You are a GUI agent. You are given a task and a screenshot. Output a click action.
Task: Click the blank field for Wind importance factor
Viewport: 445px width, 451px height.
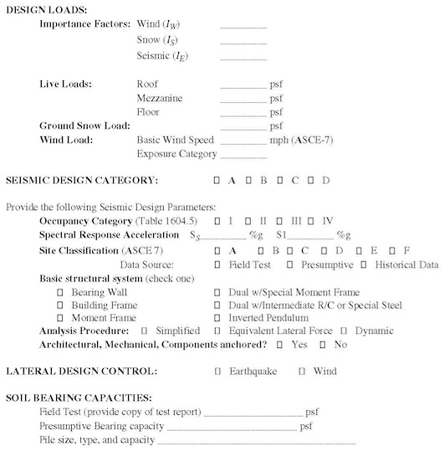(x=243, y=25)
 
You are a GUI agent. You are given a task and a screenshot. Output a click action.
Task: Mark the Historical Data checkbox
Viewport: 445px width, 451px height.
(x=364, y=264)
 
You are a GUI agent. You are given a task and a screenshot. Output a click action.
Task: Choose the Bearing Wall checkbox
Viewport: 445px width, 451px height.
(x=60, y=293)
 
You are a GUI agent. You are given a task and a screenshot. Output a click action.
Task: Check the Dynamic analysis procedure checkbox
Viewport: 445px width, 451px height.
(x=355, y=331)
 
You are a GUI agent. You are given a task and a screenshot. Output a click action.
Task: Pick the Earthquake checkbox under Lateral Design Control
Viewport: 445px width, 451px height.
(x=218, y=371)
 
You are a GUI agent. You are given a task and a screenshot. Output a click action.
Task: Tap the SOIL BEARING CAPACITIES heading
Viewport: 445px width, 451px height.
(x=79, y=397)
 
